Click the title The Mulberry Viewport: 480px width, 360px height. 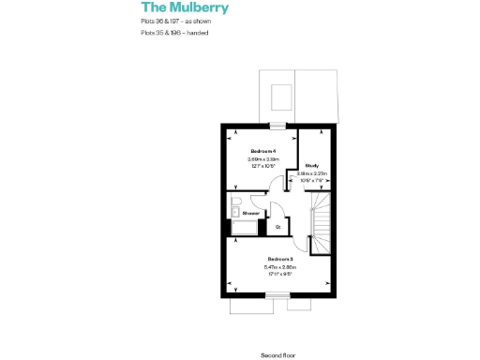pos(184,8)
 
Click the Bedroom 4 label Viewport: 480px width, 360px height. pos(262,151)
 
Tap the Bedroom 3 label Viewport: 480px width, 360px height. pos(280,259)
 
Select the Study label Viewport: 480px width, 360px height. pos(311,166)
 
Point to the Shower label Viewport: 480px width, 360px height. pos(250,213)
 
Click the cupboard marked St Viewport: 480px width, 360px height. pos(277,226)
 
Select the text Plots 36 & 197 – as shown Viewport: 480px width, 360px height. pos(174,21)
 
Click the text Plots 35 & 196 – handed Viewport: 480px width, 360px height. pos(173,33)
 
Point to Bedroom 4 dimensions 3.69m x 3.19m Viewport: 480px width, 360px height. pos(263,159)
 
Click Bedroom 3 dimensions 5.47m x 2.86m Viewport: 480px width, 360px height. pos(280,267)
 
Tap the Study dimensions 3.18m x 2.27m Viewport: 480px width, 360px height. pos(311,173)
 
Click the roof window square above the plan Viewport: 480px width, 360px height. pos(279,97)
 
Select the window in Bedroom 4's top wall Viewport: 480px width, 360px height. pos(277,126)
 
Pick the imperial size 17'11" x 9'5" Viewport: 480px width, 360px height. pos(280,275)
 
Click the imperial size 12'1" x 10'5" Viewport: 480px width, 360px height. pos(263,167)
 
